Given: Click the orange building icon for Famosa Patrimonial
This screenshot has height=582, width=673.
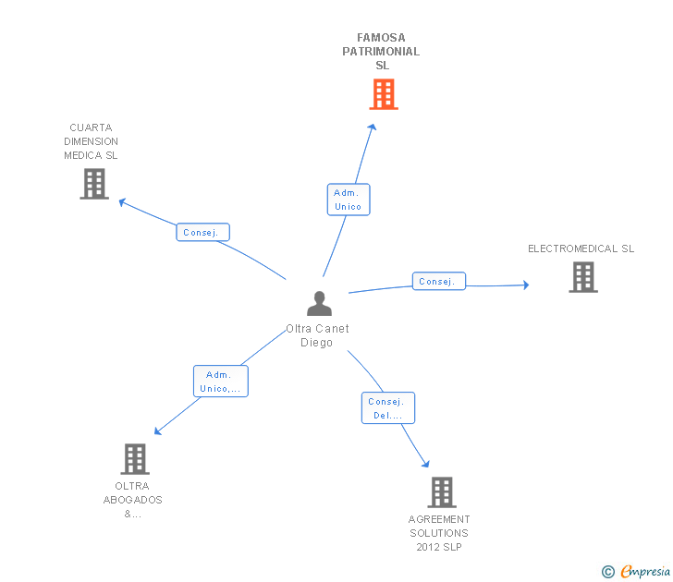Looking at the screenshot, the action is (x=384, y=94).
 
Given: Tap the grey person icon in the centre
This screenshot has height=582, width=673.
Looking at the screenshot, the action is (x=319, y=303).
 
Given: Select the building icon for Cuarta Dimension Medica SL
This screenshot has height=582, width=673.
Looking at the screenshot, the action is (x=94, y=184).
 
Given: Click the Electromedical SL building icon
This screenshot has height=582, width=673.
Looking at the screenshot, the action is (x=583, y=277).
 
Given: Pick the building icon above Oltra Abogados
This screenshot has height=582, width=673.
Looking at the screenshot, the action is (x=135, y=459).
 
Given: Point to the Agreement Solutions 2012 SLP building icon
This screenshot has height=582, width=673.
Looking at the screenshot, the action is (x=442, y=492).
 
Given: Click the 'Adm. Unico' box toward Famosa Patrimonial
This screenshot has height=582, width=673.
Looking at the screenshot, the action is (x=349, y=200).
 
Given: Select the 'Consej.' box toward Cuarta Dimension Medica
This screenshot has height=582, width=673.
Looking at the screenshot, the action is (x=203, y=233).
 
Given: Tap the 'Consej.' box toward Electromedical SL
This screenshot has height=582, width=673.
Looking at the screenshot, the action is (x=438, y=282).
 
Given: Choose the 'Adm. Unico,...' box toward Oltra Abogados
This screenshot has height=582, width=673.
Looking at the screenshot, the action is (x=221, y=382).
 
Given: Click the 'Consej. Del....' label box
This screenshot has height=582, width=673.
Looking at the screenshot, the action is (x=388, y=408).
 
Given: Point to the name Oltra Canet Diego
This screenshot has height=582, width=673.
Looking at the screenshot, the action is (x=317, y=335).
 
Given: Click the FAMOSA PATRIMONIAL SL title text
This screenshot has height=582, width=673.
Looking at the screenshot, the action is (x=381, y=52).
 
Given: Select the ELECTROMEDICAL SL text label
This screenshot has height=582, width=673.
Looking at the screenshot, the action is (x=581, y=249).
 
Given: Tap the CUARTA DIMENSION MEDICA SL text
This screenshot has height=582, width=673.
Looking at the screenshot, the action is (x=91, y=141).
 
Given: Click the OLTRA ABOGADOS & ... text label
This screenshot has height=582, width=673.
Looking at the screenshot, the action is (x=132, y=500).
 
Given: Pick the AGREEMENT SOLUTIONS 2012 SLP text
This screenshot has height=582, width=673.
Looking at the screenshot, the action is (x=439, y=533).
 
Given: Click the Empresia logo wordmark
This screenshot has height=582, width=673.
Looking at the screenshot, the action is (x=645, y=571).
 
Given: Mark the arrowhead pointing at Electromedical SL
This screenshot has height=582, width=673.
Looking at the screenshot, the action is (x=526, y=285).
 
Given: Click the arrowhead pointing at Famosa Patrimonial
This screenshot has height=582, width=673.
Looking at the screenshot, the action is (x=373, y=127).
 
